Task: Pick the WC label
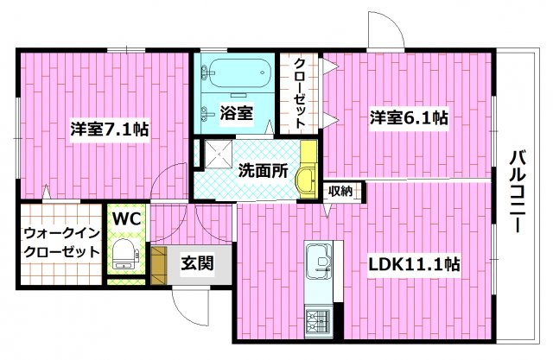tap(124, 217)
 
